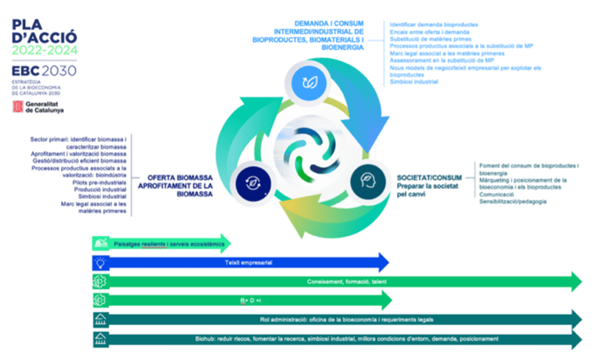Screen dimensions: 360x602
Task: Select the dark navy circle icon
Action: (x=251, y=181)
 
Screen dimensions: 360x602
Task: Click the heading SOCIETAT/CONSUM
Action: (x=429, y=177)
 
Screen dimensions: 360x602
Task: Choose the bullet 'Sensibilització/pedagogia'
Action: (x=513, y=202)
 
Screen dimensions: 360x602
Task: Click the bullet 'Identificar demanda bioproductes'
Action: (x=433, y=24)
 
